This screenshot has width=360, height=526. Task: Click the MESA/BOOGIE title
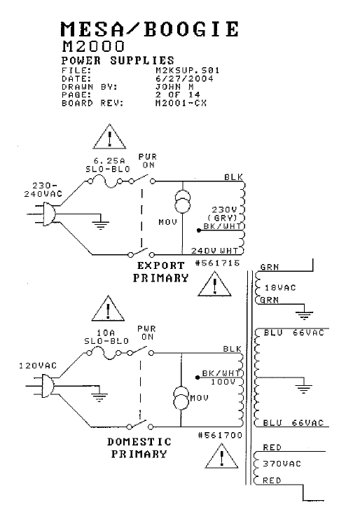[x=150, y=29]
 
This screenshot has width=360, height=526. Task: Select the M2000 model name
[x=93, y=46]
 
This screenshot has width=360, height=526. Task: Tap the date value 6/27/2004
[x=184, y=79]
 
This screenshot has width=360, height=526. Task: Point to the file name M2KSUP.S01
[x=187, y=71]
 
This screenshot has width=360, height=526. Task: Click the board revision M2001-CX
[x=181, y=103]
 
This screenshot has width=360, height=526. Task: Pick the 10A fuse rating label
[x=106, y=333]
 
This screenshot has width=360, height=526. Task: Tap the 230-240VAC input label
[x=43, y=190]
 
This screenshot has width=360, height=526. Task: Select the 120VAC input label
[x=38, y=366]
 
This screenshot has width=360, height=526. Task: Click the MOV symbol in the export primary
[x=183, y=202]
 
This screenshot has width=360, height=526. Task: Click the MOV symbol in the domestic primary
[x=181, y=398]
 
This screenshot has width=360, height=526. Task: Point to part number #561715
[x=217, y=263]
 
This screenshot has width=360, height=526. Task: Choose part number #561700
[x=220, y=436]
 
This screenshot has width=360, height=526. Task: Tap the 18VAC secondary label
[x=280, y=288]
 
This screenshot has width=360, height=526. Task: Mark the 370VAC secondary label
[x=282, y=464]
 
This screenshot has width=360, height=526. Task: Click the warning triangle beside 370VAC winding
[x=221, y=456]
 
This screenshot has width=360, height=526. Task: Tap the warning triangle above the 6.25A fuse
[x=109, y=136]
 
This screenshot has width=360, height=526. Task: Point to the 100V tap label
[x=223, y=382]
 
